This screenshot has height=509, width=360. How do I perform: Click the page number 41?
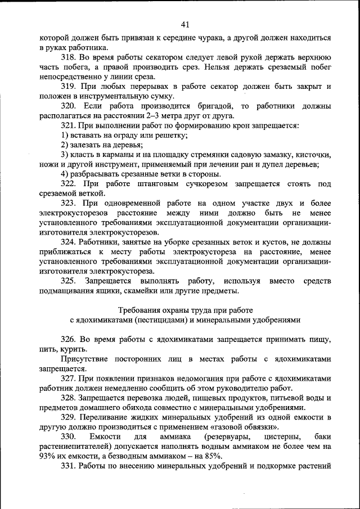[x=186, y=24]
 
